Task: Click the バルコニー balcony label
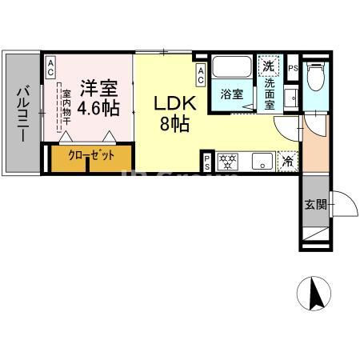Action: click(x=22, y=112)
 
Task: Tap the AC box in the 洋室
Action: click(x=50, y=68)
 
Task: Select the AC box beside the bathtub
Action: click(x=201, y=75)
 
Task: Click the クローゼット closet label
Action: click(x=90, y=154)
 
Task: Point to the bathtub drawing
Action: click(x=233, y=67)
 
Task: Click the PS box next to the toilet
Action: click(x=294, y=68)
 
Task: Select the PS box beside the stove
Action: click(x=208, y=162)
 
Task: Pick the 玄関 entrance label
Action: click(x=314, y=204)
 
